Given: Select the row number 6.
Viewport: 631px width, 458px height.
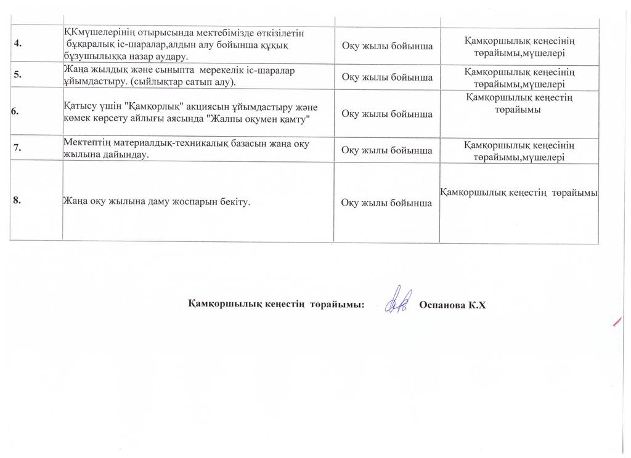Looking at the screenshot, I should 15,111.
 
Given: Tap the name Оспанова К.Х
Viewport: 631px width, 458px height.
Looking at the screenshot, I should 452,305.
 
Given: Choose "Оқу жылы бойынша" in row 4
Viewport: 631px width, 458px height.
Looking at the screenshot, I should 386,46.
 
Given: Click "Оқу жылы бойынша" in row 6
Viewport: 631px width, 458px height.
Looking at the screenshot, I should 386,114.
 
